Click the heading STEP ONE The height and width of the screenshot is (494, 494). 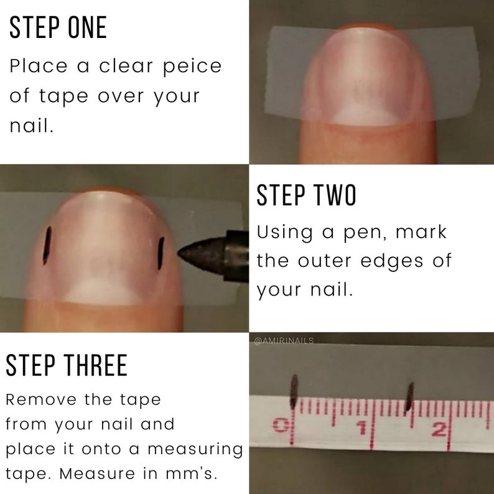point(58,27)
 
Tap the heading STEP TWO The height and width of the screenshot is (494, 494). point(306,195)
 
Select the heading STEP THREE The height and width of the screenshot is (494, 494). point(67,365)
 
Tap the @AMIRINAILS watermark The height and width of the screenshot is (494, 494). point(284,341)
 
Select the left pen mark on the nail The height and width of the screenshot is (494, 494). point(47,246)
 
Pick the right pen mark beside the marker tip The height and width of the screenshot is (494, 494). point(161,253)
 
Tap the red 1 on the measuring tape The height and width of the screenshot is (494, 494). point(362,427)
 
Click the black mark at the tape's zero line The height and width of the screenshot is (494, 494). point(294,391)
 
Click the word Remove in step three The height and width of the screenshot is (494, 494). point(41,399)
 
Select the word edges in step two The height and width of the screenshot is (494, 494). point(391,262)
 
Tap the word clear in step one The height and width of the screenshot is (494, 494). point(126,65)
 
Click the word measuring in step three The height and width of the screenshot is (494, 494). point(195,450)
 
